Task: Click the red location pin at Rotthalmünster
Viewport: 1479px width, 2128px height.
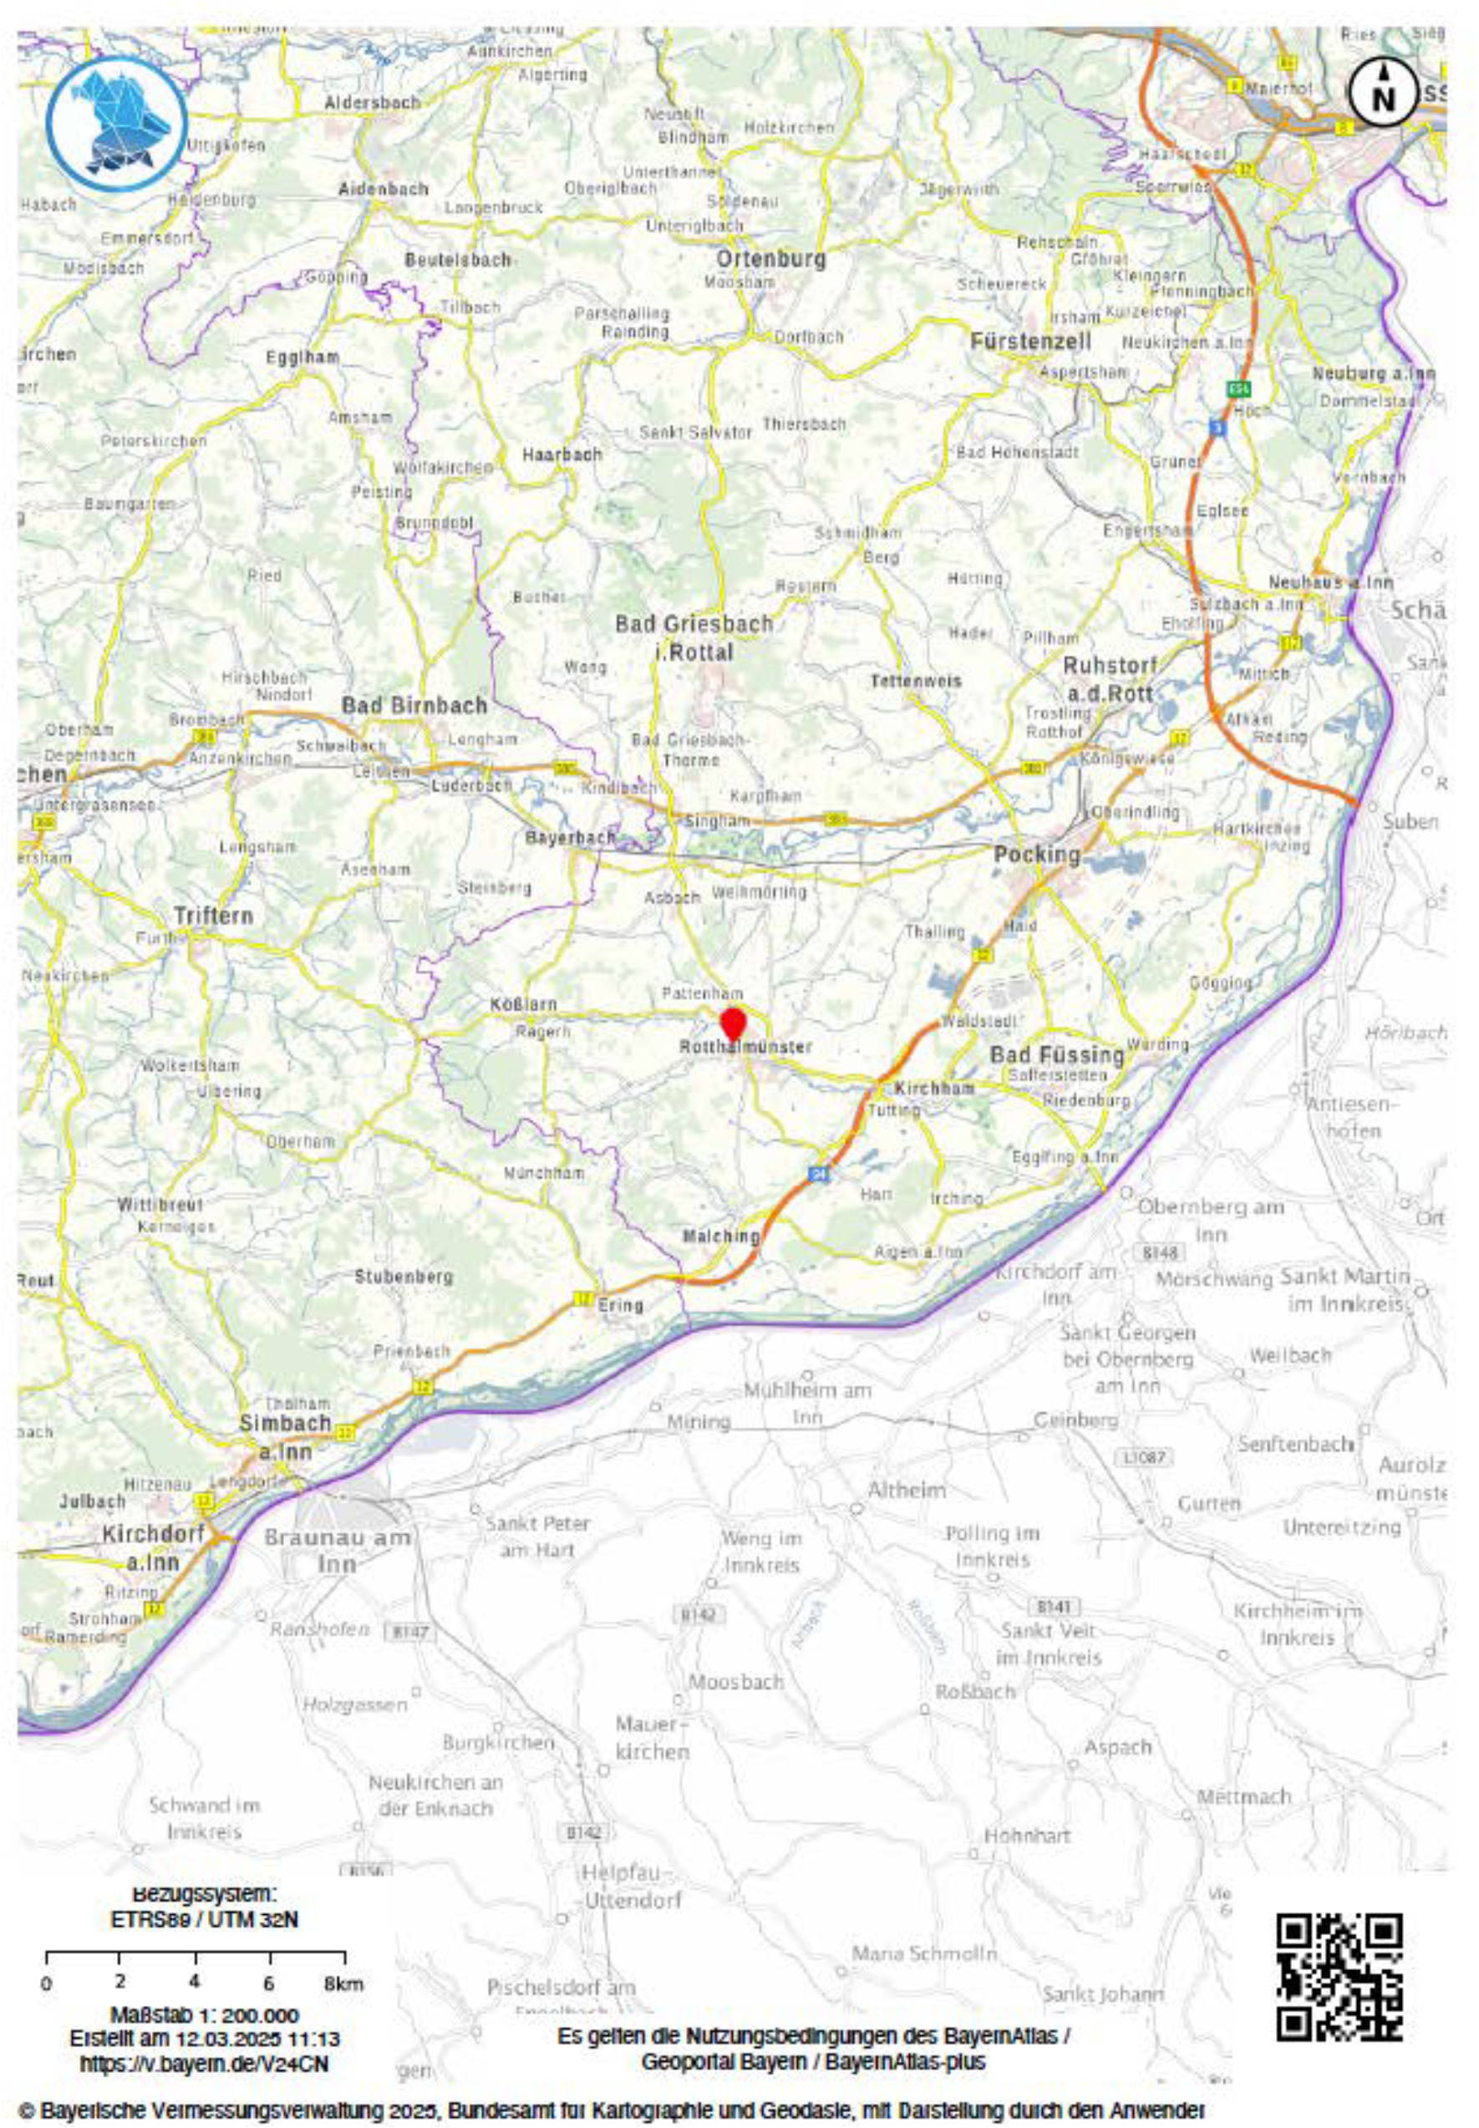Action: [x=733, y=1023]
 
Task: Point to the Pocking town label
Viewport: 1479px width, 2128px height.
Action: [x=1037, y=854]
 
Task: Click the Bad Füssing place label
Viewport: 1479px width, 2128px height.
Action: [x=1056, y=1054]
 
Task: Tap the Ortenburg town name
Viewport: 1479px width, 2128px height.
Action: [x=771, y=258]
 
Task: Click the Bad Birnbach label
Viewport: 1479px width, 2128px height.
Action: [x=414, y=705]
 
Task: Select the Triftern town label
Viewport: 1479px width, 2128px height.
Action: [x=213, y=916]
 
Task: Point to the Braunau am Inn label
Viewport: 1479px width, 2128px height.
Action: [x=337, y=1551]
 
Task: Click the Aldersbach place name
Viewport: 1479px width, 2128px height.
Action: [x=372, y=102]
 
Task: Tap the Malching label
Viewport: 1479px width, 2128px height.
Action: [x=721, y=1236]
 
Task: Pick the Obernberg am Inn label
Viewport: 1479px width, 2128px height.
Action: [x=1210, y=1220]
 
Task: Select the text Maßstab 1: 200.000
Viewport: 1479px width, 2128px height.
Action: [x=204, y=2015]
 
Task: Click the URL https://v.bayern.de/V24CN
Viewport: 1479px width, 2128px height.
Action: [x=204, y=2065]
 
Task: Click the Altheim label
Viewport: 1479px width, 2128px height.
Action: [x=907, y=1490]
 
